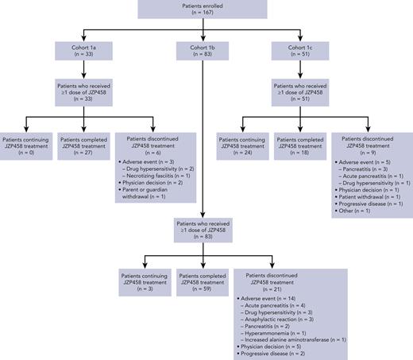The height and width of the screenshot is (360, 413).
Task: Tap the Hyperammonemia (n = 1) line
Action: click(284, 332)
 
